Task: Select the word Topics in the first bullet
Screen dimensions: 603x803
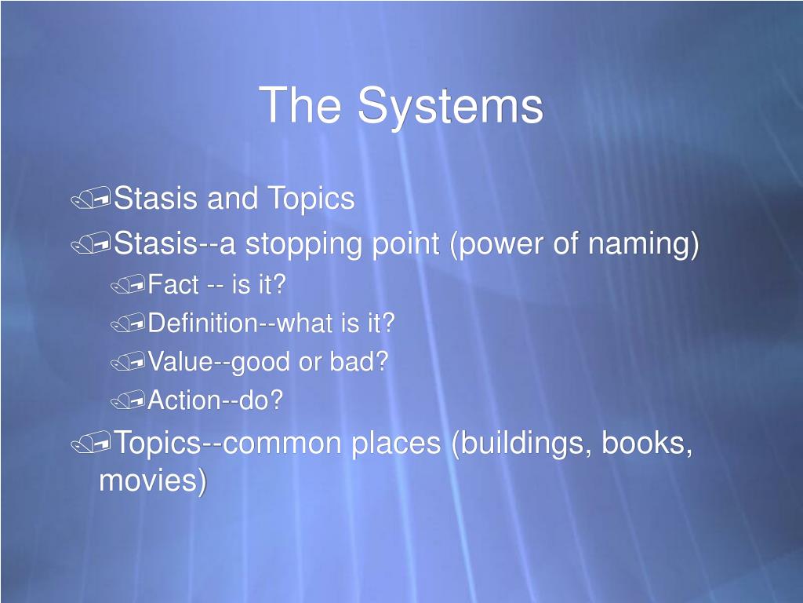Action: click(311, 199)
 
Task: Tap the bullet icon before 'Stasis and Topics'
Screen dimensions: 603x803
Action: click(90, 201)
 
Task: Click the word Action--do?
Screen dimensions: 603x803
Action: click(216, 400)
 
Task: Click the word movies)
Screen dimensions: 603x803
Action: click(153, 481)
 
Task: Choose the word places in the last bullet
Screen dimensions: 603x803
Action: click(395, 444)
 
